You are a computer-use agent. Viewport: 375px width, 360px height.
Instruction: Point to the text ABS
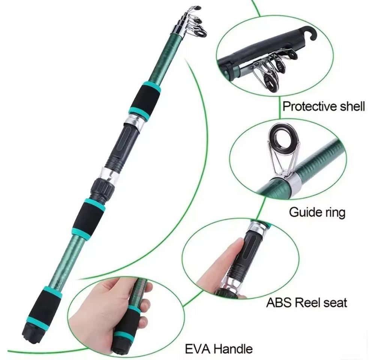pos(279,303)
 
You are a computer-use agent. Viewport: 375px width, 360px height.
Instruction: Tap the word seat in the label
pos(335,303)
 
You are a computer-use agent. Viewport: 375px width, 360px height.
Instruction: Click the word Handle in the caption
pos(233,348)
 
